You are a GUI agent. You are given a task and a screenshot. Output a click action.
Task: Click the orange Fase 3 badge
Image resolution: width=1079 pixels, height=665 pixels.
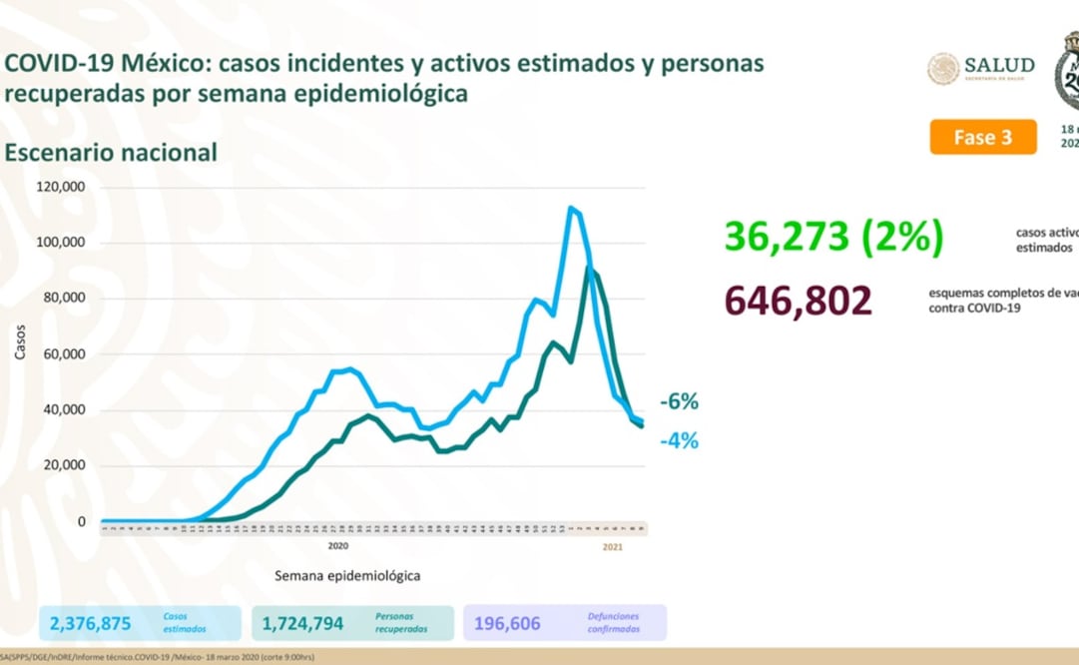pyautogui.click(x=982, y=137)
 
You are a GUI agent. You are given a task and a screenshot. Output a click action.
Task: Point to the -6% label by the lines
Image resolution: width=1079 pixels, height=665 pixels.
pyautogui.click(x=679, y=402)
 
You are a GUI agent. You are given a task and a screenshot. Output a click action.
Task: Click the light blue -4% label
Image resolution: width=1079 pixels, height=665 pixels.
pyautogui.click(x=679, y=440)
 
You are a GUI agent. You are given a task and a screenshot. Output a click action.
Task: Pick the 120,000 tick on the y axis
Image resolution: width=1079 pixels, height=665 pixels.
pyautogui.click(x=62, y=187)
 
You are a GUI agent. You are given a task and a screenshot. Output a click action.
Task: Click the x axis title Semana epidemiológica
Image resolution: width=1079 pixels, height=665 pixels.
pyautogui.click(x=346, y=576)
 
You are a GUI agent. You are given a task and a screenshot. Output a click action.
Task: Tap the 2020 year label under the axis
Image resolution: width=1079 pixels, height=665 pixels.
pyautogui.click(x=337, y=546)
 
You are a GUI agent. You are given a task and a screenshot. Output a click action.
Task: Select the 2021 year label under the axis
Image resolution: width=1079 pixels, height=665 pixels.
pyautogui.click(x=614, y=546)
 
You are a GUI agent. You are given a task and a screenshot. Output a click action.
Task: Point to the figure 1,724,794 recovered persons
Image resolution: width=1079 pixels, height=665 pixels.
pyautogui.click(x=302, y=624)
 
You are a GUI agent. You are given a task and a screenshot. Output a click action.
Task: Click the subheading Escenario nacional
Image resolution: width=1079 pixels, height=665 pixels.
pyautogui.click(x=111, y=153)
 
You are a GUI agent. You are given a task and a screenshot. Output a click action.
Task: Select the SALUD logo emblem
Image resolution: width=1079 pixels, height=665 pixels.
pyautogui.click(x=943, y=68)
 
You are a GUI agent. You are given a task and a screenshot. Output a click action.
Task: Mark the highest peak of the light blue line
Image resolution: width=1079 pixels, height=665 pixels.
pyautogui.click(x=570, y=208)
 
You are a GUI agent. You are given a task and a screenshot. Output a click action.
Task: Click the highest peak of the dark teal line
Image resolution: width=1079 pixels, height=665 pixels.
pyautogui.click(x=590, y=269)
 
